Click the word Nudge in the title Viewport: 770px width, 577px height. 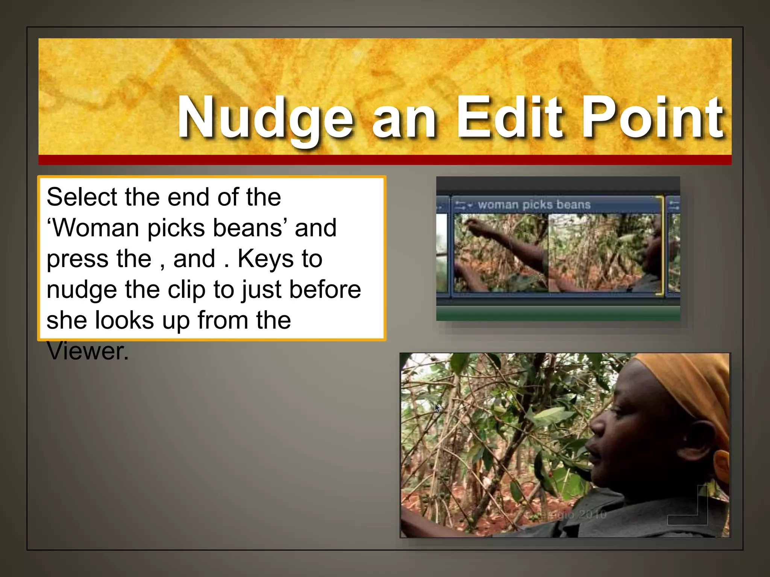click(265, 118)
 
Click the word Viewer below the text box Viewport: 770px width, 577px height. click(88, 351)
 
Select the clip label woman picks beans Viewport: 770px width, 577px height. click(534, 205)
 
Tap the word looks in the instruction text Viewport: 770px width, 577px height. click(124, 320)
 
